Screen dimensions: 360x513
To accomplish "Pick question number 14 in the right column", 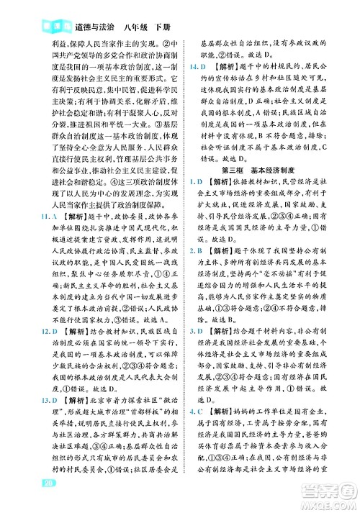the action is coord(190,67).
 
